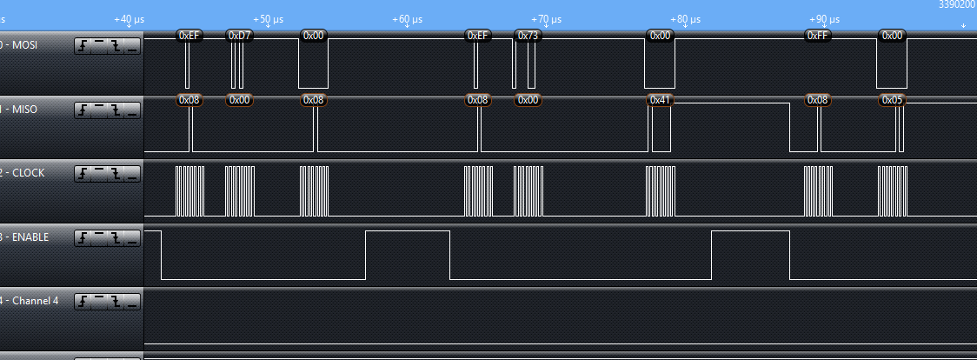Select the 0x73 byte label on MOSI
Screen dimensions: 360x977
pyautogui.click(x=528, y=35)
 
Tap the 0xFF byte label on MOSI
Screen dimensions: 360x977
pyautogui.click(x=817, y=35)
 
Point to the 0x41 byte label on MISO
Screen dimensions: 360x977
pyautogui.click(x=661, y=100)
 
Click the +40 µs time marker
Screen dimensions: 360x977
pyautogui.click(x=129, y=18)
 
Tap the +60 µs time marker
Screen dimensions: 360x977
pyautogui.click(x=407, y=18)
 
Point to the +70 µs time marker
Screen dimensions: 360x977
pyautogui.click(x=546, y=18)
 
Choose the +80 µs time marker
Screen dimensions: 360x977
pyautogui.click(x=685, y=18)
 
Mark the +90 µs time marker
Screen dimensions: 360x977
pyautogui.click(x=824, y=18)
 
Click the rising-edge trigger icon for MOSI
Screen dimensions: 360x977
pyautogui.click(x=83, y=45)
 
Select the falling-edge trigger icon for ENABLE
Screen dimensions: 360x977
pyautogui.click(x=116, y=237)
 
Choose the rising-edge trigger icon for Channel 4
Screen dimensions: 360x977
pyautogui.click(x=83, y=302)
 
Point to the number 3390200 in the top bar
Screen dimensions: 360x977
pyautogui.click(x=956, y=4)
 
